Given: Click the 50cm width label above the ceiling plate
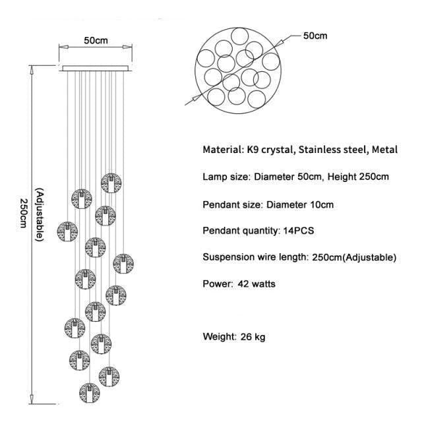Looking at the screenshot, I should pyautogui.click(x=96, y=41).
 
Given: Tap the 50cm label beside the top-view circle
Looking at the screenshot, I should pyautogui.click(x=315, y=36).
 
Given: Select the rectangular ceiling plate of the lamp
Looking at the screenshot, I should pyautogui.click(x=96, y=67).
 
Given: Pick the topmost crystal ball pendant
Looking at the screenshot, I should pyautogui.click(x=111, y=182).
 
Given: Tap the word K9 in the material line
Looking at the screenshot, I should pyautogui.click(x=255, y=150).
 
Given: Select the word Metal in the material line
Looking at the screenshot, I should pyautogui.click(x=384, y=150).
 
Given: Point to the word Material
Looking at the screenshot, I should pyautogui.click(x=223, y=150).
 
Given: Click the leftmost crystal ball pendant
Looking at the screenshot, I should pyautogui.click(x=67, y=231).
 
